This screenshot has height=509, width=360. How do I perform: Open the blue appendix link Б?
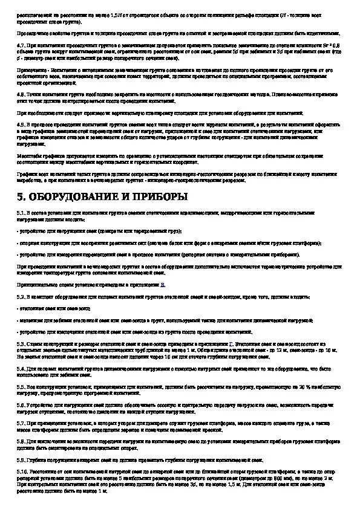click(162, 284)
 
